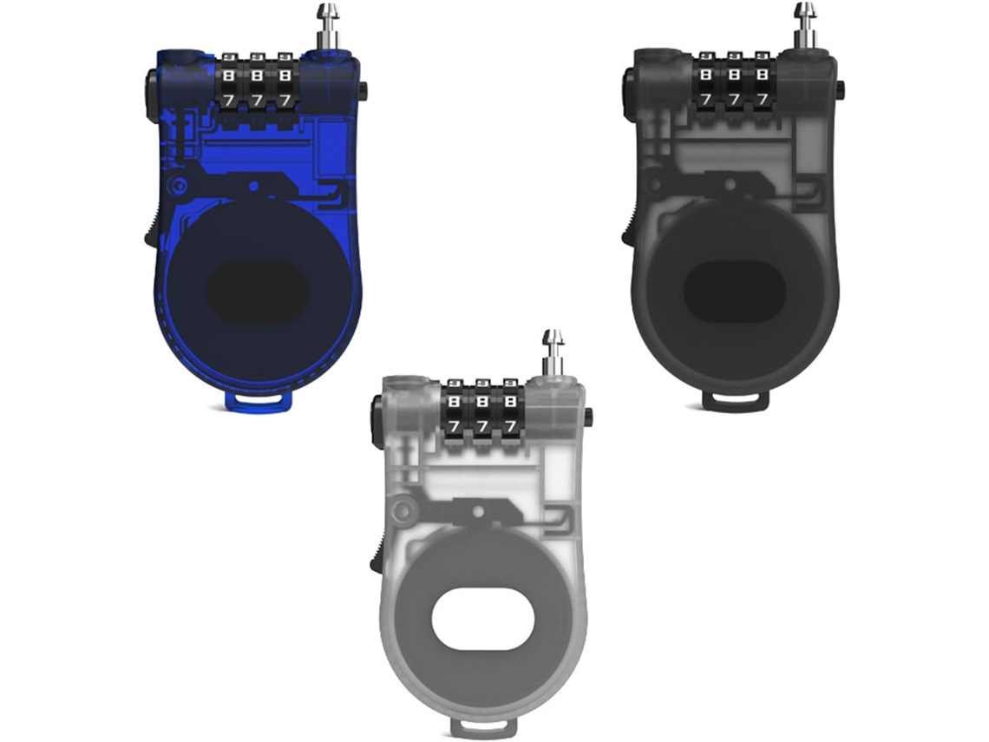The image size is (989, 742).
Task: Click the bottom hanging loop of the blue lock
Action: [260, 401]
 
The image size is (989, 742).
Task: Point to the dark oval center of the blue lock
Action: [259, 291]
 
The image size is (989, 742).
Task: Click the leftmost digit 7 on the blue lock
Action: [227, 101]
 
